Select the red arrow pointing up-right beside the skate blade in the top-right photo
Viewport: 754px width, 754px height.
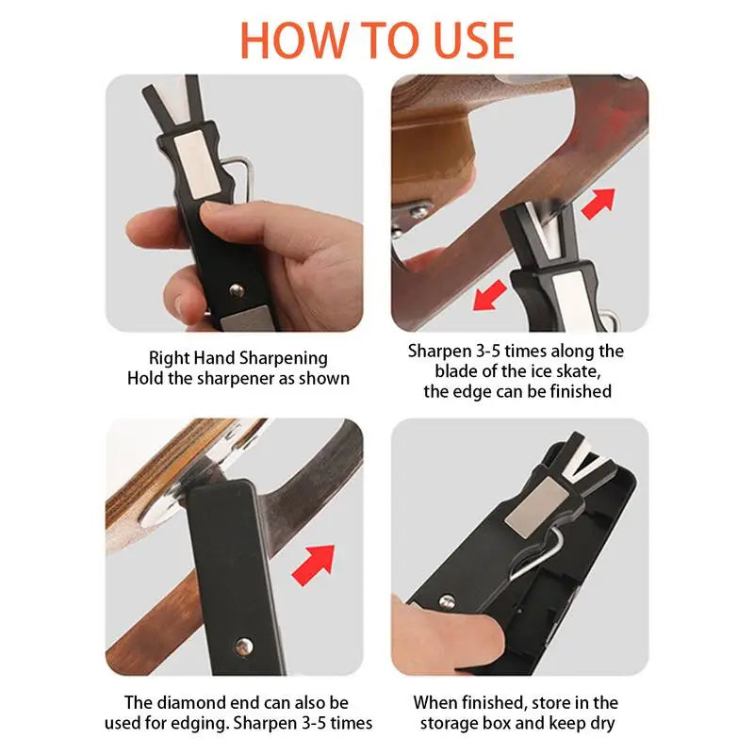click(597, 203)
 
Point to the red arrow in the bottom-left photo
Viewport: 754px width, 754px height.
click(315, 564)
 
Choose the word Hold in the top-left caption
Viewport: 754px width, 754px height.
click(147, 379)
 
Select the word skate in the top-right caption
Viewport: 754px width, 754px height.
click(585, 371)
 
